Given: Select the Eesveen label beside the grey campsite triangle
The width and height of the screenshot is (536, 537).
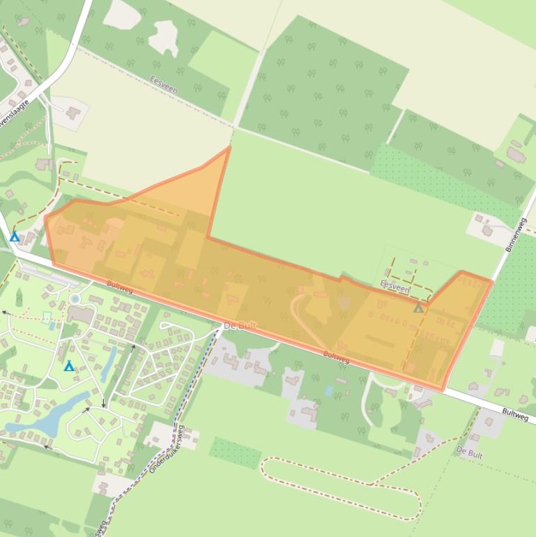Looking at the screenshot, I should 394,286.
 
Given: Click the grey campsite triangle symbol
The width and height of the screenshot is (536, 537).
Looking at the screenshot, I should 418,308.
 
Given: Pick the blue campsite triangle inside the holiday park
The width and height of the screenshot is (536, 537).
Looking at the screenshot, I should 69,366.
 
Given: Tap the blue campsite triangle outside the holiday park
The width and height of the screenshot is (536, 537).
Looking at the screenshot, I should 15,237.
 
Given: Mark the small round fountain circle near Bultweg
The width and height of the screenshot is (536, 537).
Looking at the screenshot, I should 75,299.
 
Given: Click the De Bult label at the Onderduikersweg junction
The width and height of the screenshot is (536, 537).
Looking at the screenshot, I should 240,326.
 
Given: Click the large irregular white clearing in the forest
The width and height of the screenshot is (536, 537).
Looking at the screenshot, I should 164,35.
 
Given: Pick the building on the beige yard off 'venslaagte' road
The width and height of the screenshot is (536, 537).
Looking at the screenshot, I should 73,112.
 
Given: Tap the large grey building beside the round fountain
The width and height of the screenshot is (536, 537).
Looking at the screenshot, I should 82,315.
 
